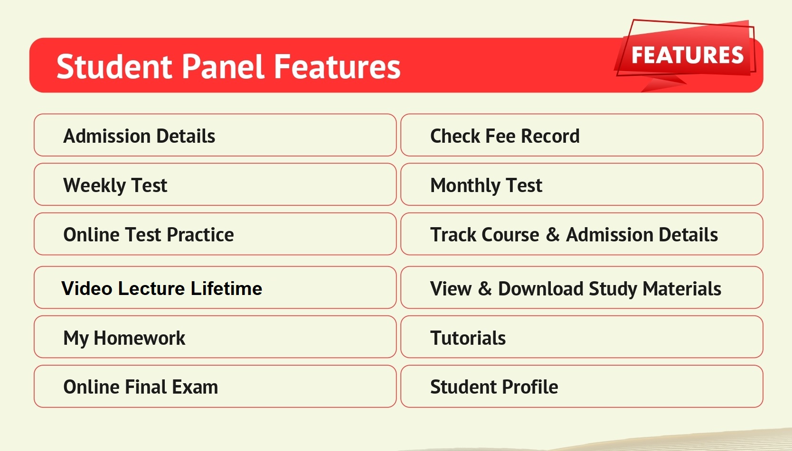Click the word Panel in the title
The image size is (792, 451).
tap(223, 66)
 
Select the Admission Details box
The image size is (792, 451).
tap(215, 135)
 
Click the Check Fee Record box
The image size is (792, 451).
tap(582, 135)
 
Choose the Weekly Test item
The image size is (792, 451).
tap(215, 184)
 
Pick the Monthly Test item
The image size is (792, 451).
tap(582, 184)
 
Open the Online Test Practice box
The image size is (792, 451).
tap(215, 234)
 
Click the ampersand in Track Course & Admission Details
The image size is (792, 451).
tap(553, 235)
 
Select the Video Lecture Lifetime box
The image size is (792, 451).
tap(215, 287)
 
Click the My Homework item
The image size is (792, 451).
tap(215, 337)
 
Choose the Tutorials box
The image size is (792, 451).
tap(582, 337)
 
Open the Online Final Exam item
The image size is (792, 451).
tap(215, 387)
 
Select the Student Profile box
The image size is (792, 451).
tap(582, 387)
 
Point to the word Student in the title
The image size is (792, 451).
tap(114, 66)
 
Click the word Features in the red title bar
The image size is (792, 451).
tap(337, 66)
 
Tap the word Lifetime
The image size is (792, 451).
tap(226, 288)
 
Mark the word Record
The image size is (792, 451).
tap(550, 136)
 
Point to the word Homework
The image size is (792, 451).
tap(139, 338)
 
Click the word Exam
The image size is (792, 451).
tap(195, 387)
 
